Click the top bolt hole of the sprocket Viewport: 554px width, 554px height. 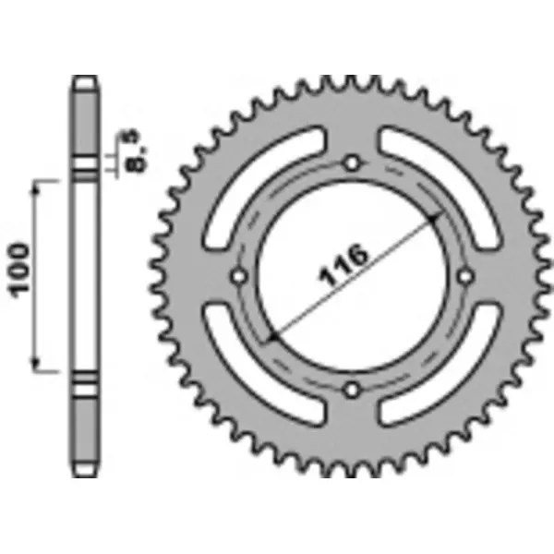click(x=351, y=163)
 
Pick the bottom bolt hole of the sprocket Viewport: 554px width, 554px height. click(x=351, y=390)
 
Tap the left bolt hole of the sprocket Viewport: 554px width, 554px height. click(x=238, y=276)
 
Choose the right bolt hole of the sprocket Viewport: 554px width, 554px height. click(x=464, y=276)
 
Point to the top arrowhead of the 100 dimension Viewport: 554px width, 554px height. click(x=37, y=187)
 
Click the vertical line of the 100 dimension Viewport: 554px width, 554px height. click(x=37, y=277)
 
